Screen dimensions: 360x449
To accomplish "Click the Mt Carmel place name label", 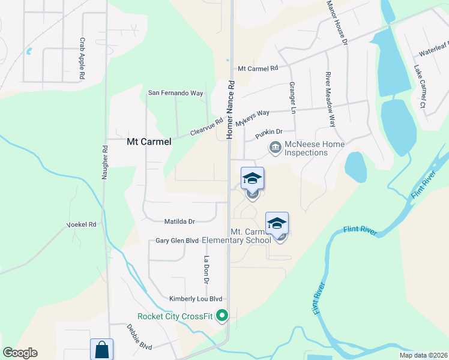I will [x=149, y=142].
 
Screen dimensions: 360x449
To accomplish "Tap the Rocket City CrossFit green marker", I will [x=223, y=315].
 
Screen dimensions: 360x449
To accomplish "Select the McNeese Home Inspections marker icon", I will [x=276, y=146].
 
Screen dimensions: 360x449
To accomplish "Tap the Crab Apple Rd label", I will [x=82, y=53].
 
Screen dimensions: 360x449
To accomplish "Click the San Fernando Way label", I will [x=176, y=93].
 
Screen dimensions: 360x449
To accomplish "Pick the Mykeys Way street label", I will [x=252, y=118].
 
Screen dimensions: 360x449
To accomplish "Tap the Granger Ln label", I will [x=293, y=98].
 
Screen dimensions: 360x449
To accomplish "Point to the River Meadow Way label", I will [x=330, y=100].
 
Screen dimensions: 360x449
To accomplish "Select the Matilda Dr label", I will [x=180, y=221].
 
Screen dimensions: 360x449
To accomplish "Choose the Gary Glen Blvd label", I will [x=177, y=241].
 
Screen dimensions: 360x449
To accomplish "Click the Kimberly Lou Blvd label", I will [x=196, y=299].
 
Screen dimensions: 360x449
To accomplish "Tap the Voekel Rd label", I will [x=81, y=225].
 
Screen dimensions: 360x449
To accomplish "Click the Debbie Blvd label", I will [x=139, y=338].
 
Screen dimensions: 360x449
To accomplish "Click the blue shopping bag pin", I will [x=101, y=349].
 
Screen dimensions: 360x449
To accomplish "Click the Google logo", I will [x=20, y=353].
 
